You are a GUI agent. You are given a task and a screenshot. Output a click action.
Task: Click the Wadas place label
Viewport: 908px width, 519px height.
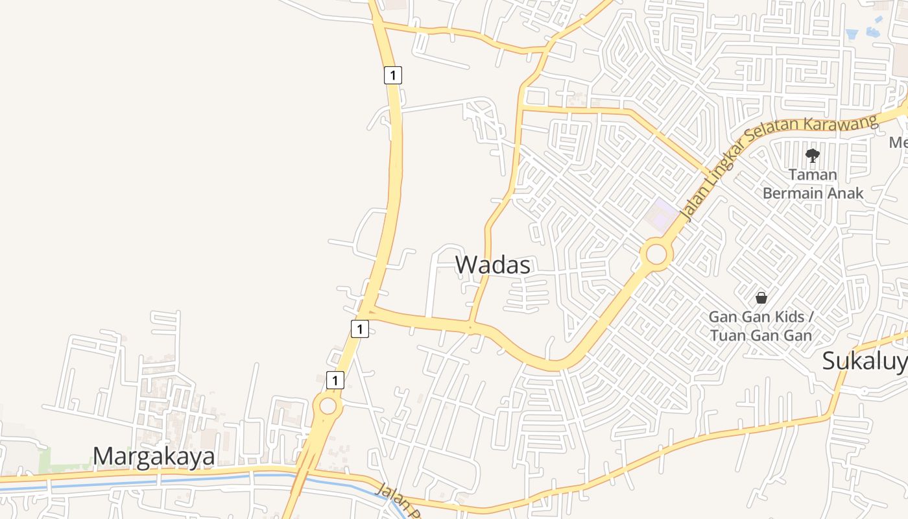492,265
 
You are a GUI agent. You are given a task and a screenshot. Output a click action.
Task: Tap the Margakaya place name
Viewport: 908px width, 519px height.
154,457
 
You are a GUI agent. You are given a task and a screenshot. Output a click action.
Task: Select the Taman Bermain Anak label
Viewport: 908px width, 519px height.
813,184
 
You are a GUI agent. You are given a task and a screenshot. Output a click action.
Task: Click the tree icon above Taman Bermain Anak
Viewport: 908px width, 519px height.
812,155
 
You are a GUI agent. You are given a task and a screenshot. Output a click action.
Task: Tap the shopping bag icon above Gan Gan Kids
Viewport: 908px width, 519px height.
761,298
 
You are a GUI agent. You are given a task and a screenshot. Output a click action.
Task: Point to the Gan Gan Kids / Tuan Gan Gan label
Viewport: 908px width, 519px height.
760,326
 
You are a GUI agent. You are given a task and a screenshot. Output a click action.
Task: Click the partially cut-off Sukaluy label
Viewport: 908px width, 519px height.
865,361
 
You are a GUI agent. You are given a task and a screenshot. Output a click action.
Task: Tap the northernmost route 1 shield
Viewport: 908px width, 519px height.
392,75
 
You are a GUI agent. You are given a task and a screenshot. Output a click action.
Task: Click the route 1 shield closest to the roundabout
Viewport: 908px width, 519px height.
335,380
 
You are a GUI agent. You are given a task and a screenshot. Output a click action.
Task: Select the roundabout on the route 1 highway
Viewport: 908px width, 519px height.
328,407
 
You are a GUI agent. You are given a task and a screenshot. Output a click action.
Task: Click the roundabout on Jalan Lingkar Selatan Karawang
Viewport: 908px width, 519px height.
656,254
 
